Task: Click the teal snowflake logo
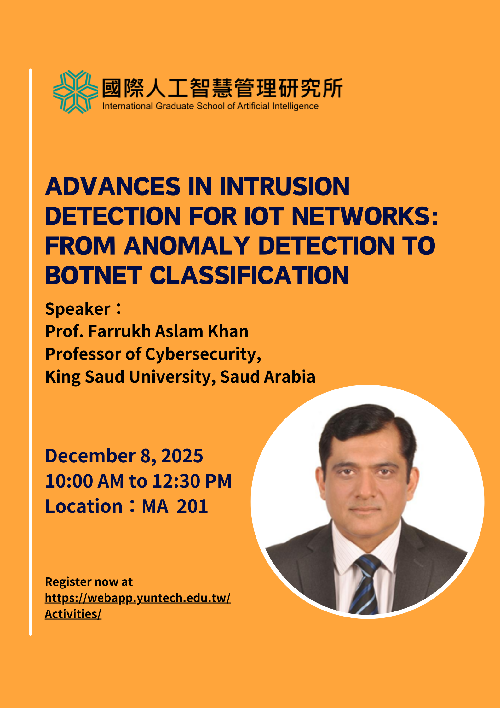tap(75, 92)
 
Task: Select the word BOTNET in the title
tap(94, 275)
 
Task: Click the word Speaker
tap(78, 309)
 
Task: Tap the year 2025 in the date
tap(182, 456)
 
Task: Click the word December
tap(91, 456)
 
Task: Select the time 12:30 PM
tap(192, 481)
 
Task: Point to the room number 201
tap(192, 506)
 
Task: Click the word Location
tap(84, 506)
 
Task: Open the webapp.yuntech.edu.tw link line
tap(138, 598)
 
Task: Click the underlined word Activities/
tap(73, 614)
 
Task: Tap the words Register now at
tap(89, 582)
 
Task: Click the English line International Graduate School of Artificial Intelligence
tap(210, 106)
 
